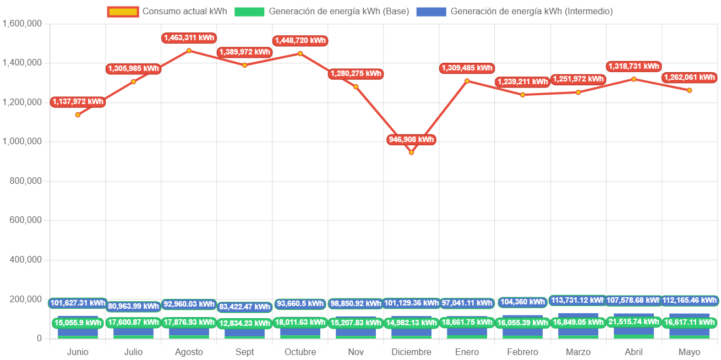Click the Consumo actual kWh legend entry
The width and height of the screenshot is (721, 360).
pos(167,12)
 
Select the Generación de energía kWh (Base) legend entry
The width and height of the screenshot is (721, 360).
pos(321,12)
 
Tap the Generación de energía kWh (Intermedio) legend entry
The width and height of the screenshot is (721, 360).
pos(514,12)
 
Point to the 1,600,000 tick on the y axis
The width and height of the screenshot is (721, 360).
pos(23,23)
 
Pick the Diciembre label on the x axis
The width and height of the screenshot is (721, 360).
pos(411,352)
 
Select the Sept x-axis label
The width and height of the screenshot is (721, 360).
pos(244,352)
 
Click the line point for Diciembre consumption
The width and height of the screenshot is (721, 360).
pos(411,152)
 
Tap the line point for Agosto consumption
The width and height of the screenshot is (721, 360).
pos(189,51)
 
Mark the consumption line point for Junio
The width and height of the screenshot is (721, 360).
pos(78,114)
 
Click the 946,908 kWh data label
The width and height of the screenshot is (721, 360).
pos(411,139)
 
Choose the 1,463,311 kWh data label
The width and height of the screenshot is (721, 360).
pos(189,38)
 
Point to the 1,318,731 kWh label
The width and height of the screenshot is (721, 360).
pos(633,66)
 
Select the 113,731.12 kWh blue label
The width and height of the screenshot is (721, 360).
pos(578,300)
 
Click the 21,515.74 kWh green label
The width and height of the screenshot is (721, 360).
pos(633,322)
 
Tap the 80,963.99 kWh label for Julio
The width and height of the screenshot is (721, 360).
pos(133,306)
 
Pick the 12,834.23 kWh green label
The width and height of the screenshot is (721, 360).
pos(244,323)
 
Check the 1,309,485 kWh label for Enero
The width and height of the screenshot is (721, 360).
pos(467,68)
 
